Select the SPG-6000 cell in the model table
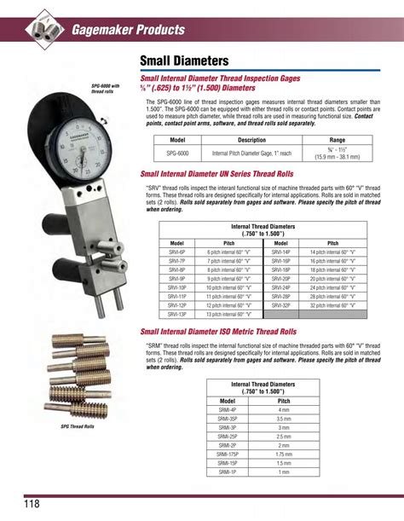point(177,153)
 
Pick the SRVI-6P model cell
point(177,253)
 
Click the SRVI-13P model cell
point(177,314)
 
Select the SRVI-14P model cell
point(281,253)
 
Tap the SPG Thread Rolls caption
point(77,425)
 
